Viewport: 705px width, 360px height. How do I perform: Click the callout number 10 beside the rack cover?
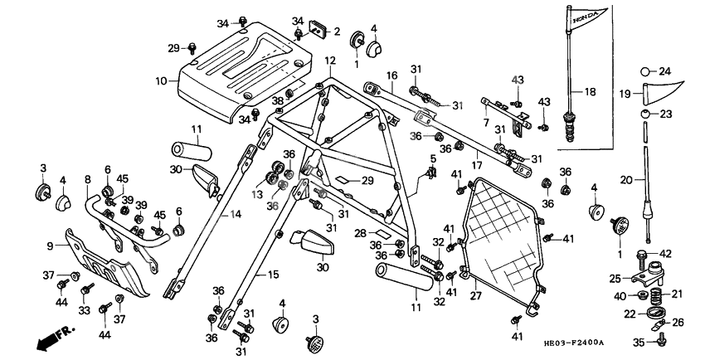point(161,81)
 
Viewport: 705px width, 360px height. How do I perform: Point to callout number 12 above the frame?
point(330,61)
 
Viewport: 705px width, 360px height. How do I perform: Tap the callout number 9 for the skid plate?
point(49,246)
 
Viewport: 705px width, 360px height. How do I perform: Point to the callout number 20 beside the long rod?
point(627,178)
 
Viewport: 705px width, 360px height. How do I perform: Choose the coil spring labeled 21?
point(654,294)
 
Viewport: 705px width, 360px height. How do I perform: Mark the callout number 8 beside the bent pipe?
point(87,178)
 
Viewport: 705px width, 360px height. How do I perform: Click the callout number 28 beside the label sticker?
point(360,234)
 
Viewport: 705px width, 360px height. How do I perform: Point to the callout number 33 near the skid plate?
point(84,309)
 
